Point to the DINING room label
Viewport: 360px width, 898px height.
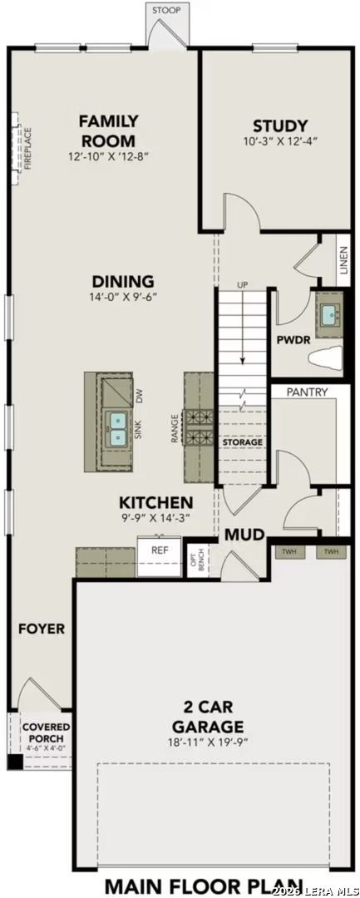pos(123,281)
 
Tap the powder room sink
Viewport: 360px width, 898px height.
pos(329,315)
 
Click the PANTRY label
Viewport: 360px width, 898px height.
pos(306,392)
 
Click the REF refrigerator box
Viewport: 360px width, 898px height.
pos(160,550)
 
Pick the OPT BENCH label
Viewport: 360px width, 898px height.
pos(198,561)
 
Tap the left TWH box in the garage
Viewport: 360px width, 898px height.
pos(288,552)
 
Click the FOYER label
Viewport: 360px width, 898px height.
pos(41,629)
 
